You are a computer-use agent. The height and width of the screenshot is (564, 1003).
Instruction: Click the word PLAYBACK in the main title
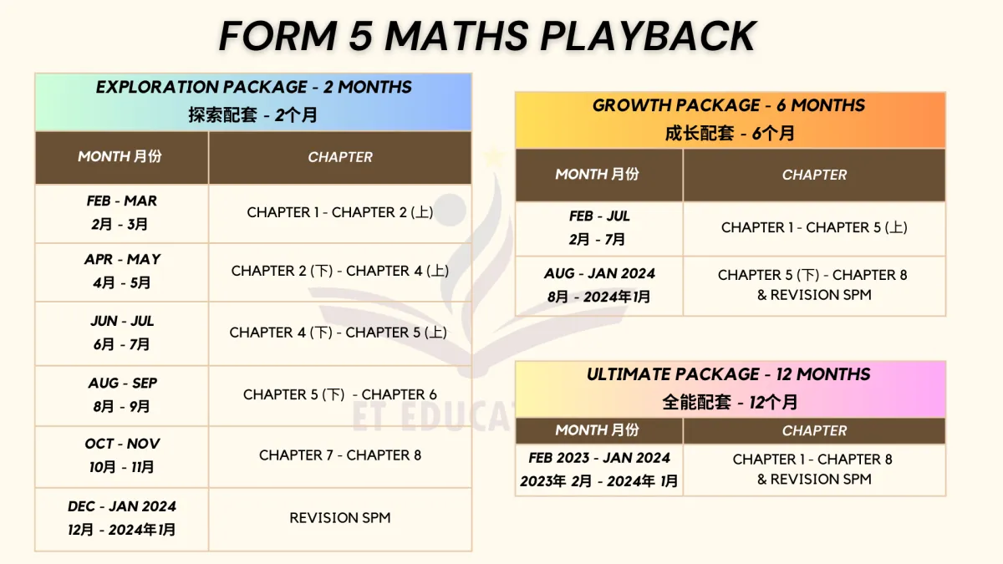(649, 36)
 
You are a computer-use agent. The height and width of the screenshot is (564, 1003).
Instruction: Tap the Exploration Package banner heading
(253, 102)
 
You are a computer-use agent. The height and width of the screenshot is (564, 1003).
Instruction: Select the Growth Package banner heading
(731, 120)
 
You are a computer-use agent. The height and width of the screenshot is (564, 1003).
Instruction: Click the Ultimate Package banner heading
(731, 389)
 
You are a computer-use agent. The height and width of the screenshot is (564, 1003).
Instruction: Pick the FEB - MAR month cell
(122, 213)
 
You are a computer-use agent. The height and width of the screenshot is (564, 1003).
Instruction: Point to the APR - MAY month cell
(122, 272)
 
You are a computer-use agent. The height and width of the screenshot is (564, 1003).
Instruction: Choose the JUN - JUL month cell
(122, 333)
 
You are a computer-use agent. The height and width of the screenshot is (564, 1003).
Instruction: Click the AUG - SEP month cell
(122, 395)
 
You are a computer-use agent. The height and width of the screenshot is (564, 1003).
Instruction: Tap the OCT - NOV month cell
(122, 456)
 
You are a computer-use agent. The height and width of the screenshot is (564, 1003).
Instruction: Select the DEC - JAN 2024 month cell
(122, 519)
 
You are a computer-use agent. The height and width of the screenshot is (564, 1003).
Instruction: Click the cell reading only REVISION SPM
(340, 519)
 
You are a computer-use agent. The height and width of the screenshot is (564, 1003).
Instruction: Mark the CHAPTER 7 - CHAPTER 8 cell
(340, 456)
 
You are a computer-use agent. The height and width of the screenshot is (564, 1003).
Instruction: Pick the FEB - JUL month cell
(599, 228)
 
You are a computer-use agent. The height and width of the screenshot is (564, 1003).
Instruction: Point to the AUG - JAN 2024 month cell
(599, 286)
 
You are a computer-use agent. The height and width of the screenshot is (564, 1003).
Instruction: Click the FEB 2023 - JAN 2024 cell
(599, 470)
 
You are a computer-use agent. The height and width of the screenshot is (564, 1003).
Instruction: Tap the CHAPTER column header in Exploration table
(340, 158)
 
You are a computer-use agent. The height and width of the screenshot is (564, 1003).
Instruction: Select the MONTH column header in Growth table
(599, 175)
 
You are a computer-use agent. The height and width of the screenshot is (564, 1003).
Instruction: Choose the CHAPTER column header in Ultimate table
(814, 430)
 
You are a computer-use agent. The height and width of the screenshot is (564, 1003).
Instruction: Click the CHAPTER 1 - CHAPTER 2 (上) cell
(340, 213)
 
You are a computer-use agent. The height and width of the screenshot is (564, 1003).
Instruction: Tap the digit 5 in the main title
(360, 36)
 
